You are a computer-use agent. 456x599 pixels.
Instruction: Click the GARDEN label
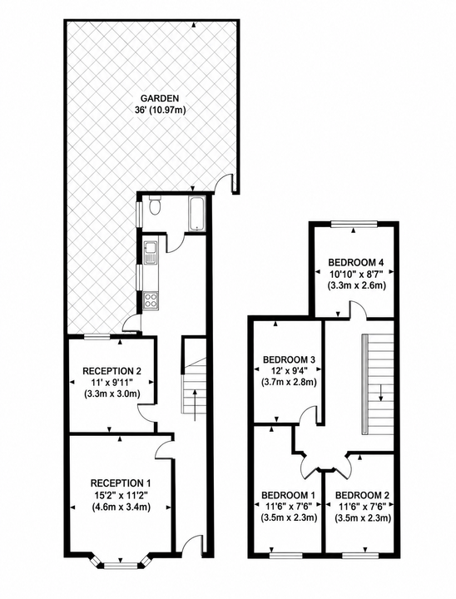tap(160, 98)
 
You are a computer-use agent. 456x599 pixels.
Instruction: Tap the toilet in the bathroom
tap(155, 205)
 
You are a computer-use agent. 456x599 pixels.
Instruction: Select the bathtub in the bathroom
tap(197, 214)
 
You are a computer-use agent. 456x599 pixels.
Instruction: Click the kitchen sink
tap(150, 253)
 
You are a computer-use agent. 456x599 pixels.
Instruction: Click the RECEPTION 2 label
tap(112, 371)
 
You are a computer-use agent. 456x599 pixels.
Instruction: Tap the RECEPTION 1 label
tap(121, 483)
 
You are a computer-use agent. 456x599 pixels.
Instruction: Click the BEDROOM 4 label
tap(356, 262)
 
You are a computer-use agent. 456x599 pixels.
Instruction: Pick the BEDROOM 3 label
tap(289, 359)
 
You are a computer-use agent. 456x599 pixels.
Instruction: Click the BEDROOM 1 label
tap(289, 495)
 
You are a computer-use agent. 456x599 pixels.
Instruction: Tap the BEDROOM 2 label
tap(362, 495)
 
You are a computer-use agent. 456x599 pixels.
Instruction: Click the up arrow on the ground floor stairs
tap(196, 405)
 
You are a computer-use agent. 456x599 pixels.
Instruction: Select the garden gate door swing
tap(225, 183)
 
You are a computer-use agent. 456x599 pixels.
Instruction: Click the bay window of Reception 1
tap(121, 565)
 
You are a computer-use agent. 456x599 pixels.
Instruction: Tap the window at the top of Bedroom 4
tap(354, 224)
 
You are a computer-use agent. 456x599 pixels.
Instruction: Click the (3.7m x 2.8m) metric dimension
tap(289, 382)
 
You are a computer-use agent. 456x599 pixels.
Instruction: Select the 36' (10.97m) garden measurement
tap(160, 111)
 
